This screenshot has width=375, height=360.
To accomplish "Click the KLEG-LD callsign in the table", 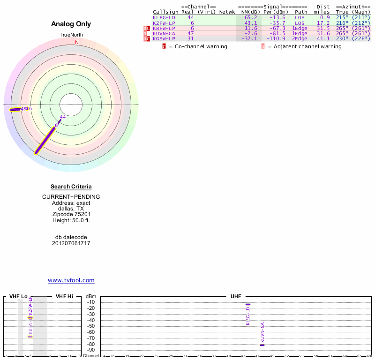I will [x=164, y=17].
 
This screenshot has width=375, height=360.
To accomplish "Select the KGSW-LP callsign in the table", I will [x=164, y=38].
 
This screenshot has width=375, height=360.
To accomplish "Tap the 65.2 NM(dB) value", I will [x=251, y=17].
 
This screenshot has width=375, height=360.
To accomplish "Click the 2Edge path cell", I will [x=300, y=38].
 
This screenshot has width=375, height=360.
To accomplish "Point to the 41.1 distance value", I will [x=324, y=38].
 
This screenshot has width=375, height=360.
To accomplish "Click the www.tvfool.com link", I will [x=71, y=280].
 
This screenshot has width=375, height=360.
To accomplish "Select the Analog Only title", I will [x=71, y=24].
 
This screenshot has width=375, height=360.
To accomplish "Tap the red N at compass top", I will [x=77, y=42].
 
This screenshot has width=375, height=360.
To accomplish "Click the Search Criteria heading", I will [x=71, y=187].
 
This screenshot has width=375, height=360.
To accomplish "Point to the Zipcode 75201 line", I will [x=71, y=214].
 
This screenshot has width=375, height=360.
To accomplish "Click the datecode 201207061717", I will [x=71, y=243].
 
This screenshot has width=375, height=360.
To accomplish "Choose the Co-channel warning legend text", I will [x=198, y=46].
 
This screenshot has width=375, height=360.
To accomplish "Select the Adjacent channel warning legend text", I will [x=305, y=46].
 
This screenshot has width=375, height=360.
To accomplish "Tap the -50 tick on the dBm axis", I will [x=91, y=326].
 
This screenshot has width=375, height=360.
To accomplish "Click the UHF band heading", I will [x=236, y=297].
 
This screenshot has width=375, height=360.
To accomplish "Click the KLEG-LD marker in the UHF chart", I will [x=248, y=305].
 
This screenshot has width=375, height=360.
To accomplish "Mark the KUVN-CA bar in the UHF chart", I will [x=262, y=345].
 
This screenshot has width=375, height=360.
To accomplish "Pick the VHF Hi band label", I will [x=65, y=297].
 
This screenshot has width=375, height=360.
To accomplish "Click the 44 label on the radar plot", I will [x=63, y=117].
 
